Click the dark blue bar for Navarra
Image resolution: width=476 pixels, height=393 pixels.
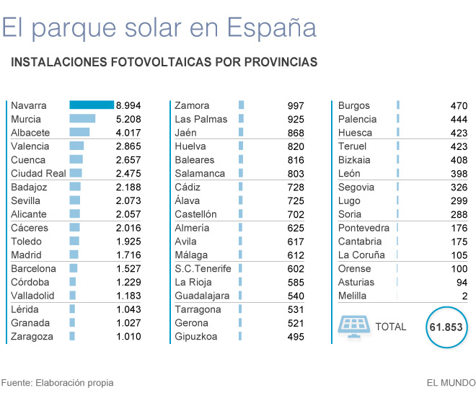[x=92, y=105]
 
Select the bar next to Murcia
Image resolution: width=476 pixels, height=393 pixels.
[x=82, y=119]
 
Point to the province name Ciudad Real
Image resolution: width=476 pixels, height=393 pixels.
[x=38, y=173]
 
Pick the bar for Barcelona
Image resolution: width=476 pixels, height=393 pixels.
[x=73, y=268]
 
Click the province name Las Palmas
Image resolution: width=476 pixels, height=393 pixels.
[x=200, y=119]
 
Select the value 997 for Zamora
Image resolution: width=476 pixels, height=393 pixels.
[x=296, y=105]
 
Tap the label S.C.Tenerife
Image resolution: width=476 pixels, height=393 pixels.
[x=203, y=268]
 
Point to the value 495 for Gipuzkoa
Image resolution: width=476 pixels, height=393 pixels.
[x=296, y=336]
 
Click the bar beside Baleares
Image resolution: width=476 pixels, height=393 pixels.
[x=240, y=160]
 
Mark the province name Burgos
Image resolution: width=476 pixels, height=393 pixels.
[x=353, y=105]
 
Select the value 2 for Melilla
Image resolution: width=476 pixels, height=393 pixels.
[x=464, y=296]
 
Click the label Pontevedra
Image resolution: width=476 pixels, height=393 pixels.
[x=363, y=228]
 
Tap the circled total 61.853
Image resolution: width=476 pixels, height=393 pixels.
[x=446, y=327]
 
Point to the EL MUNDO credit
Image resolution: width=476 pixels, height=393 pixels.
[x=451, y=383]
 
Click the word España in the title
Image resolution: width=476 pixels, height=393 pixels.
[x=271, y=27]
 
